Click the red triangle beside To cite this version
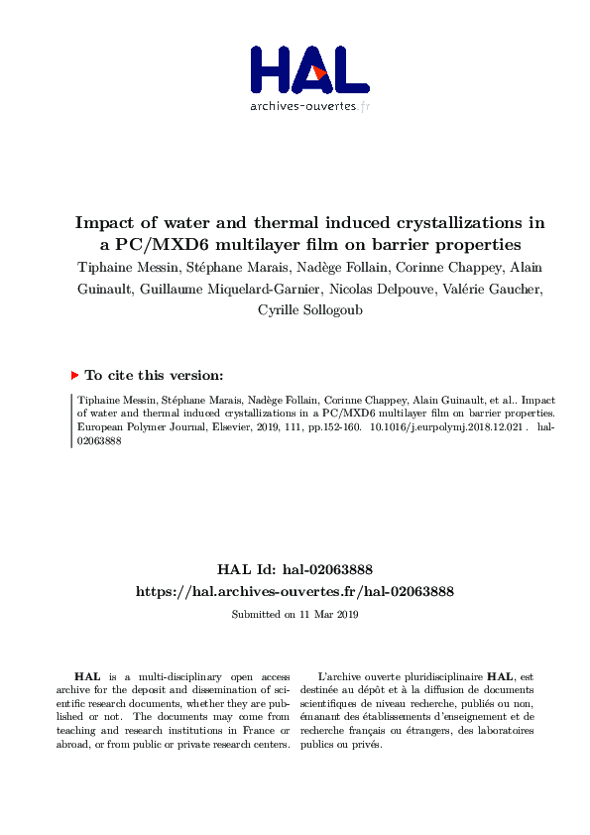[x=75, y=376]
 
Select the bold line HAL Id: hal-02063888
[x=295, y=569]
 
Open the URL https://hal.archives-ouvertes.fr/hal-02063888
[x=295, y=591]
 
